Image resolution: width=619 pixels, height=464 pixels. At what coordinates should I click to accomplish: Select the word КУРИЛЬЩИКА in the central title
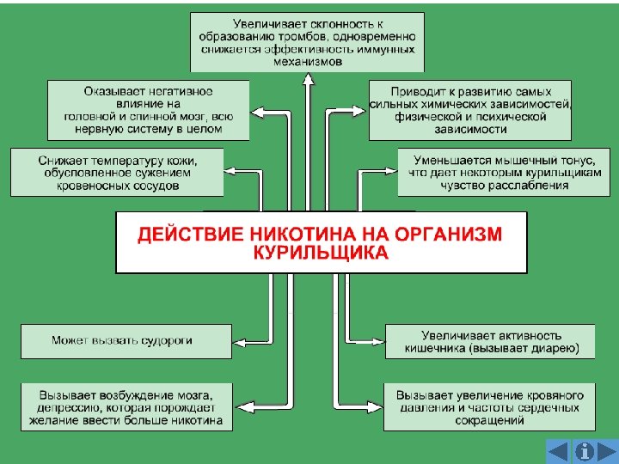[x=321, y=253]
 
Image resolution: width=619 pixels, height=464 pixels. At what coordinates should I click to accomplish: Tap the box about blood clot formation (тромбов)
[x=307, y=40]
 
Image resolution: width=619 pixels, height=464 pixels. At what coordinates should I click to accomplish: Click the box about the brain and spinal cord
[x=148, y=110]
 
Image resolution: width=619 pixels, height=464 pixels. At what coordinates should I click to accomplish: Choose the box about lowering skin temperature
[x=117, y=172]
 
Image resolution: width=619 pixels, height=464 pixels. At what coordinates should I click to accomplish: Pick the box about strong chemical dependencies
[x=470, y=110]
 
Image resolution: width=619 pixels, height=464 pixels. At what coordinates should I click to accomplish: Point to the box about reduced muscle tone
[x=496, y=172]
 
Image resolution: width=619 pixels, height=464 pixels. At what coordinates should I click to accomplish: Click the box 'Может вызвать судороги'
[x=126, y=340]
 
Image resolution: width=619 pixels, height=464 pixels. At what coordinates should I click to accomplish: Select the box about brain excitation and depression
[x=126, y=407]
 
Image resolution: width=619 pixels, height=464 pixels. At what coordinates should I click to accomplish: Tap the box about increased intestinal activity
[x=490, y=341]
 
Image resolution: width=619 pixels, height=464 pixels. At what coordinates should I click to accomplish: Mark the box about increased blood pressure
[x=490, y=407]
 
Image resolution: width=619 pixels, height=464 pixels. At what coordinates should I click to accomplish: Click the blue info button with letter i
[x=585, y=451]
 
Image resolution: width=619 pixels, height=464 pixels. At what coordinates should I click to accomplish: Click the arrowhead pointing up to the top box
[x=307, y=78]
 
